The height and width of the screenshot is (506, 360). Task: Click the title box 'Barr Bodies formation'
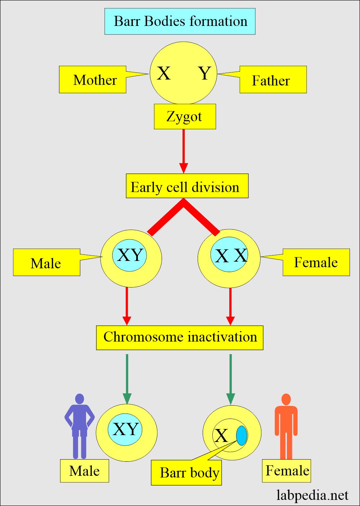pos(180,21)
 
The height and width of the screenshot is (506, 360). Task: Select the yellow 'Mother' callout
pos(93,80)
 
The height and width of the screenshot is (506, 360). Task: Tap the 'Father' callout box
pos(273,80)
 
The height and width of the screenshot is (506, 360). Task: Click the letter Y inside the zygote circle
pos(205,73)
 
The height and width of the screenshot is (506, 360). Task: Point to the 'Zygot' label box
pos(185,117)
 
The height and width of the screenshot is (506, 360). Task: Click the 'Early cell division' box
pos(187,186)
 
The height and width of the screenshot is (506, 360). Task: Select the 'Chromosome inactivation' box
pos(180,338)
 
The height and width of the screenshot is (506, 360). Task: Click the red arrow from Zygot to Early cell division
pos(184,152)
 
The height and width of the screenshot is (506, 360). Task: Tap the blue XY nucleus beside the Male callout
pos(130,255)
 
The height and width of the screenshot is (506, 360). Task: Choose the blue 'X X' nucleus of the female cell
pos(229,254)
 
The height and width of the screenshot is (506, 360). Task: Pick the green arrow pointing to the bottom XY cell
pos(127,379)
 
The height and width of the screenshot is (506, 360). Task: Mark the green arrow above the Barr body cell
pos(230,379)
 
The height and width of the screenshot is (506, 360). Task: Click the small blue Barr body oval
pos(242,435)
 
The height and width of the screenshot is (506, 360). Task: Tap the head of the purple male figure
pos(79,399)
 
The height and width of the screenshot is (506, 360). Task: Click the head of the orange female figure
pos(286,399)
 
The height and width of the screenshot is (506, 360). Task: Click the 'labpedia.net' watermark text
pos(312,495)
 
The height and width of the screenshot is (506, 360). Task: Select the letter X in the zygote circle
pos(163,73)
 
